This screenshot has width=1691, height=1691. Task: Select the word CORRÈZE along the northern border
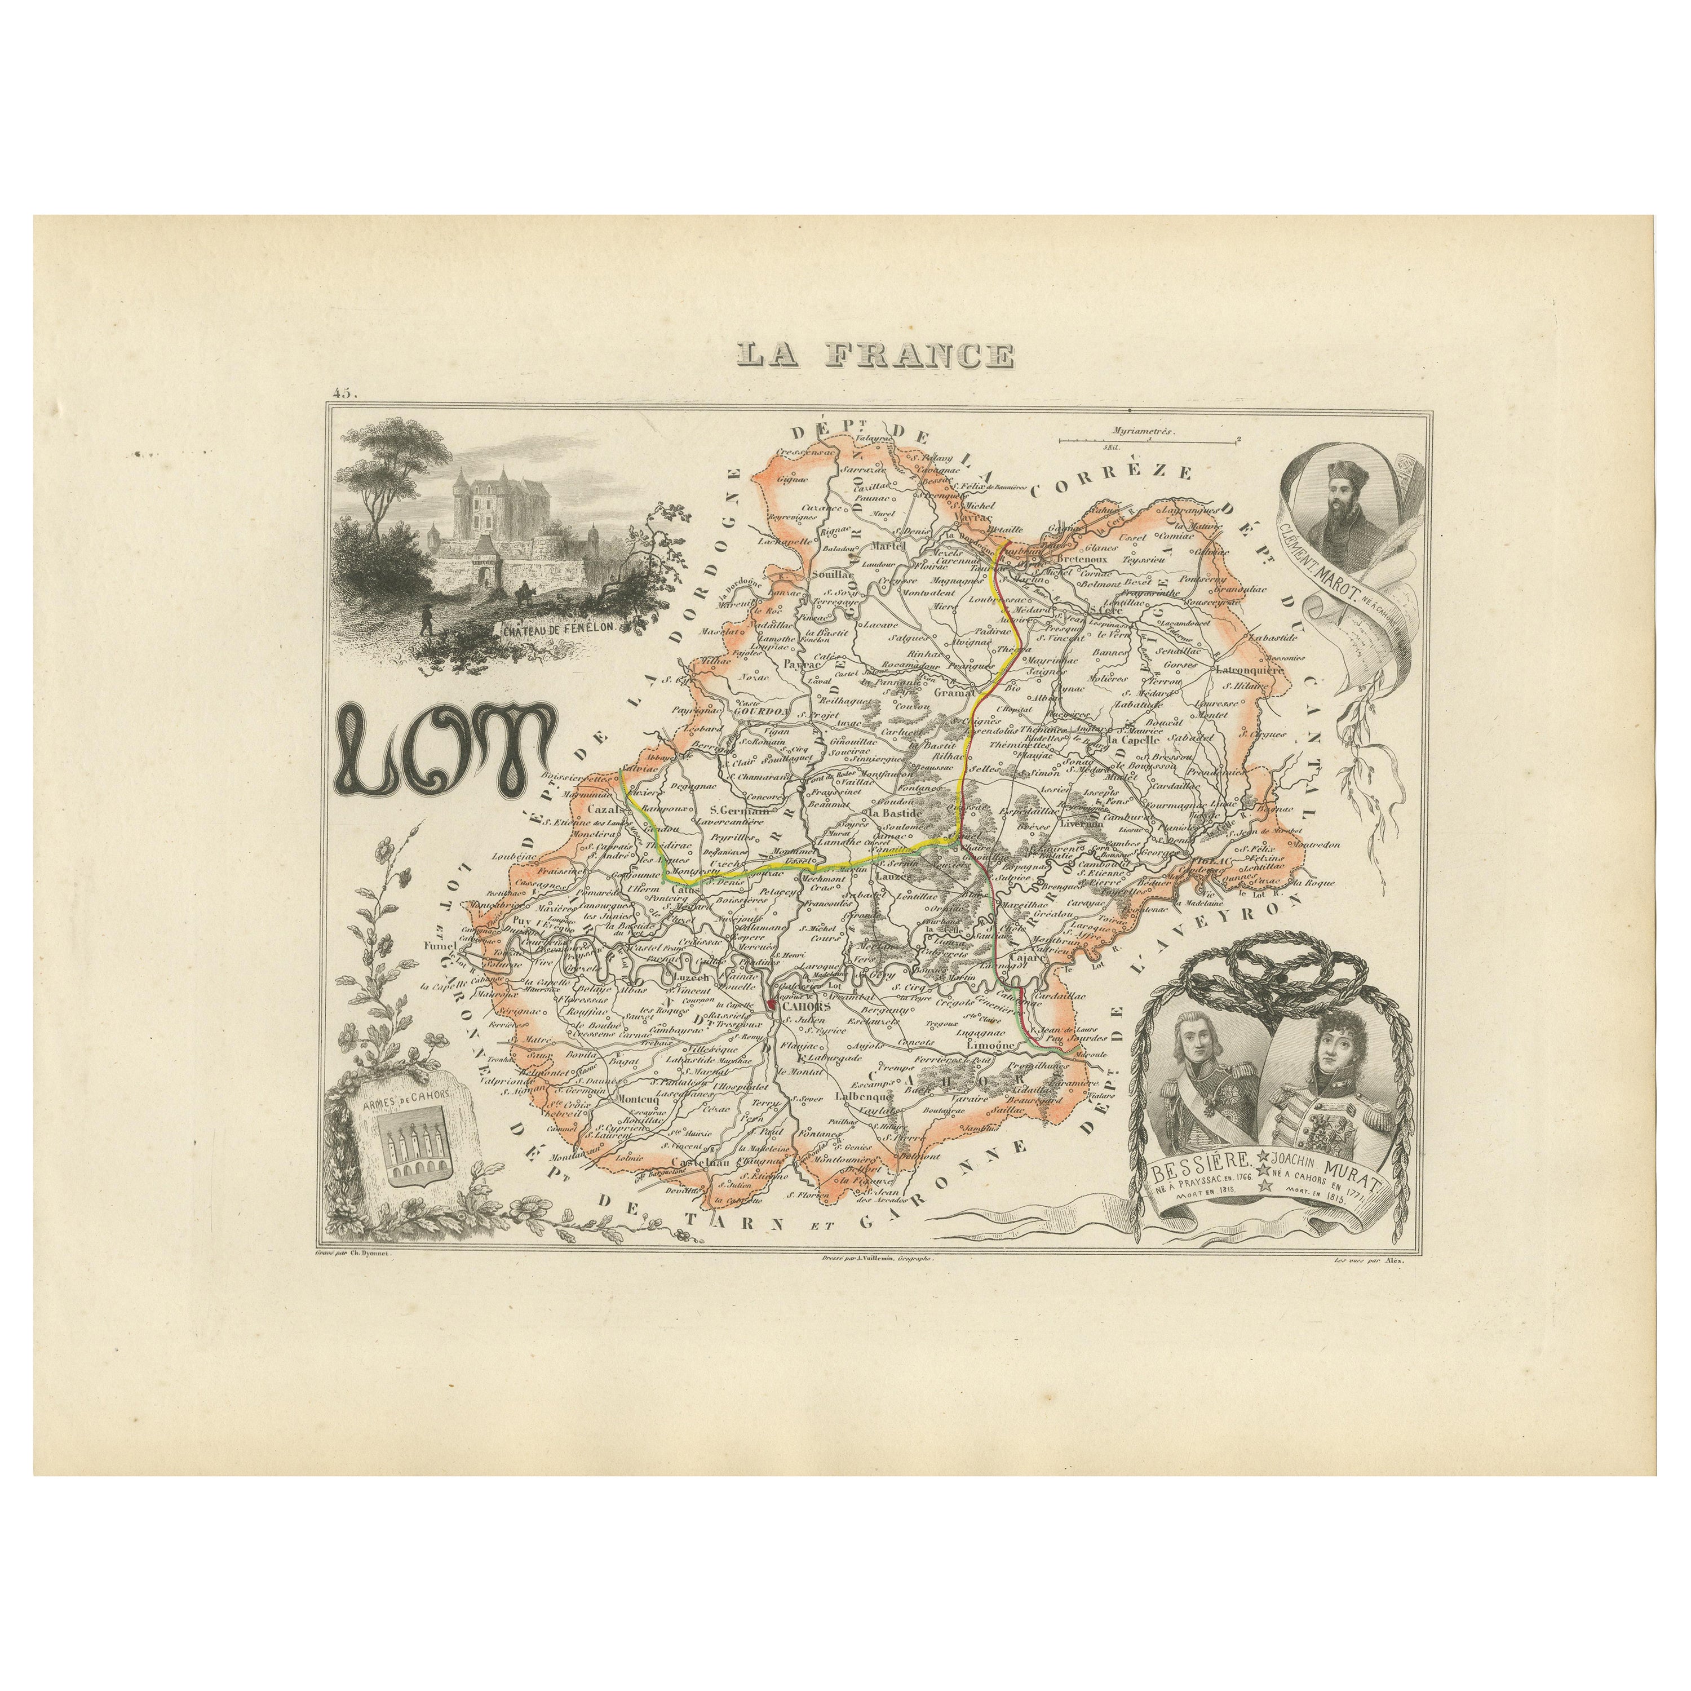click(x=1112, y=479)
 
